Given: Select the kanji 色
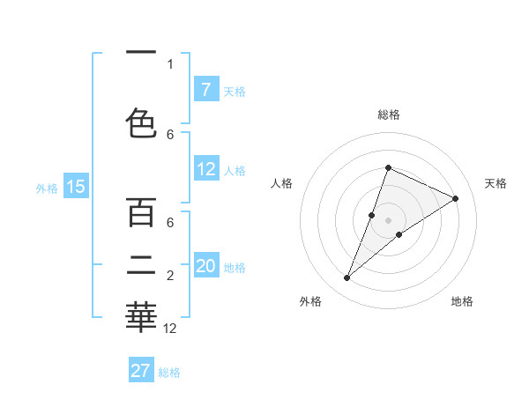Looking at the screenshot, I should click(141, 123).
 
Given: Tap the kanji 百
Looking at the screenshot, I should click(141, 212).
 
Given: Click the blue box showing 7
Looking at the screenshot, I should click(205, 89).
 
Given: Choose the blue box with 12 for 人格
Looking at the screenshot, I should click(205, 169).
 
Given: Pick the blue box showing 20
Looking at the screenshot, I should click(205, 266).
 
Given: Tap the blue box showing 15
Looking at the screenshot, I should click(76, 186).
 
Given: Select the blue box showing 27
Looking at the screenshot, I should click(141, 371).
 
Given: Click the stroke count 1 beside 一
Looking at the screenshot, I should click(170, 63).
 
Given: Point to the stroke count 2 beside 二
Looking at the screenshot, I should click(170, 277).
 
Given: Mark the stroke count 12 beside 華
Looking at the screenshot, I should click(170, 329).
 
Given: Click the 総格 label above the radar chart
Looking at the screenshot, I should click(388, 115).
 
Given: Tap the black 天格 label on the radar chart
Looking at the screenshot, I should click(495, 183).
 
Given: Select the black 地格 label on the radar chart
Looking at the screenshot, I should click(462, 301).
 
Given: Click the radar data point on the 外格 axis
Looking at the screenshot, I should click(347, 278).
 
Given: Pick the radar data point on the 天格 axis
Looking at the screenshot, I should click(455, 199).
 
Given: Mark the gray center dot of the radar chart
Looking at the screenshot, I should click(388, 220).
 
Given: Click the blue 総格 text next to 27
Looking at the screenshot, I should click(169, 373).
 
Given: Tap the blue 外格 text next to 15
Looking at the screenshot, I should click(46, 188).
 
